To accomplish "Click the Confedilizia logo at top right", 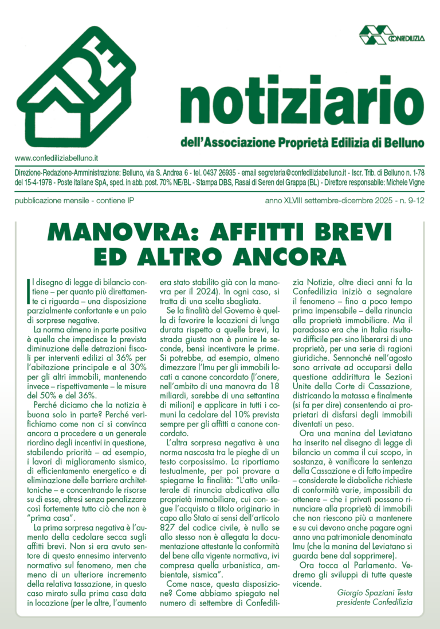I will coord(392,36).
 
